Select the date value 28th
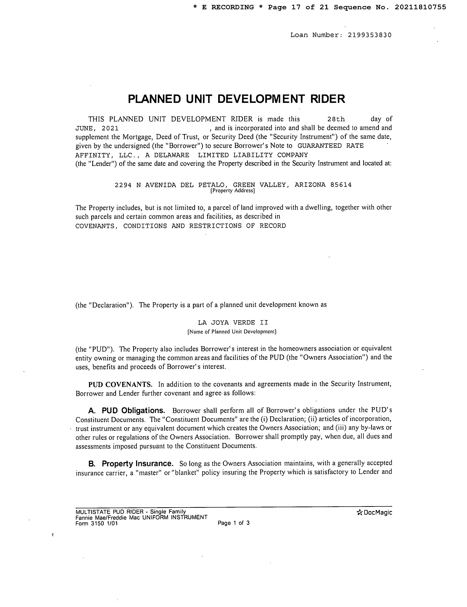click(x=336, y=119)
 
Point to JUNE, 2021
click(x=97, y=128)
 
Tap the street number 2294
click(x=123, y=185)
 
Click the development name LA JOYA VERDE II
click(x=233, y=322)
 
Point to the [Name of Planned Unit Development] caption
click(x=232, y=332)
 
